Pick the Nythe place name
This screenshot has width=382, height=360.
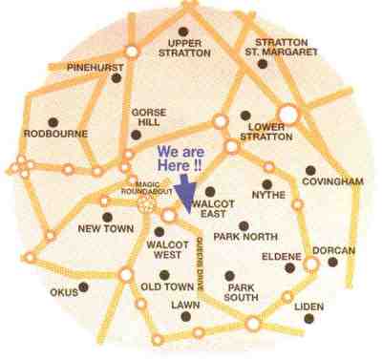(271, 195)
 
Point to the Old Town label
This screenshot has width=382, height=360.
(164, 286)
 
